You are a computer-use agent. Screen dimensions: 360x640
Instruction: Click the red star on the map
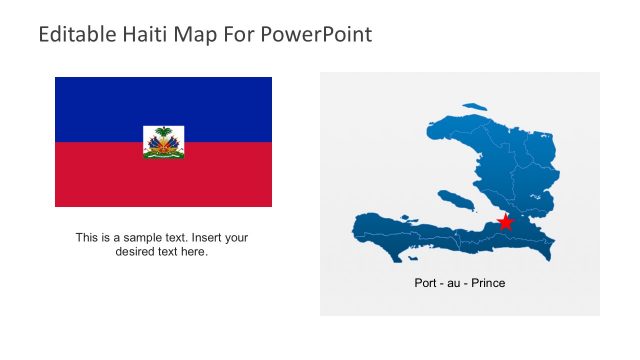[x=505, y=221]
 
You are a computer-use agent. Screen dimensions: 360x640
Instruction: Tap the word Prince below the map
[x=487, y=283]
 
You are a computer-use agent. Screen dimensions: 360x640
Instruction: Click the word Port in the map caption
[x=426, y=283]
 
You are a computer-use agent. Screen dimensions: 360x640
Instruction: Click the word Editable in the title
[x=72, y=35]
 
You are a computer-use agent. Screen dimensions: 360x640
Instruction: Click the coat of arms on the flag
[x=163, y=142]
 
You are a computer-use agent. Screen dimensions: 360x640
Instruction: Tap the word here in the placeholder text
[x=192, y=252]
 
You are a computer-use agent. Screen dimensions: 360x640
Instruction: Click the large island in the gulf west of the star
[x=456, y=200]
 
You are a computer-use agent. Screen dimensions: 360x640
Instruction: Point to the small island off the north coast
[x=474, y=104]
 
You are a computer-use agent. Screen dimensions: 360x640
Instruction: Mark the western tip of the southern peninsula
[x=355, y=229]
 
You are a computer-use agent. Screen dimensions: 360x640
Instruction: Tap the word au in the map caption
[x=455, y=283]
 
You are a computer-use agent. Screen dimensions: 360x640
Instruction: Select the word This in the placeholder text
[x=87, y=238]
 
